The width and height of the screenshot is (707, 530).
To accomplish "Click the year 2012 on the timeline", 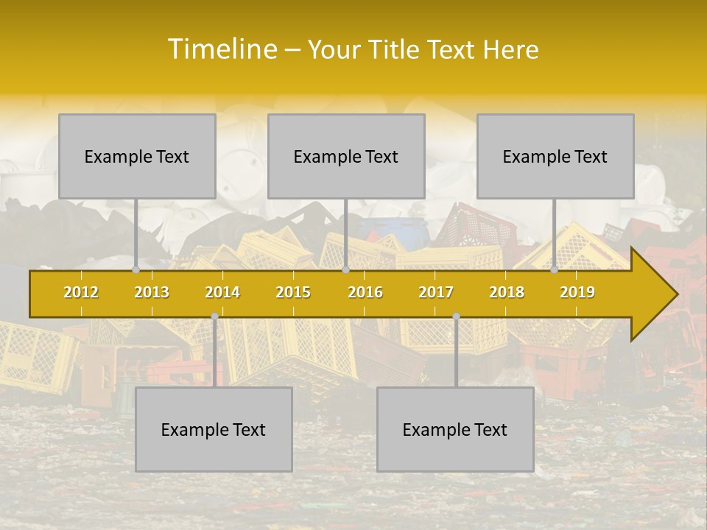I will [81, 293].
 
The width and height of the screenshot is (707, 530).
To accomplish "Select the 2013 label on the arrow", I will [152, 293].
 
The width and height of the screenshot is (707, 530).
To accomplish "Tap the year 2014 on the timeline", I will [222, 293].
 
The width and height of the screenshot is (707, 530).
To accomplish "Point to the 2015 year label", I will [293, 293].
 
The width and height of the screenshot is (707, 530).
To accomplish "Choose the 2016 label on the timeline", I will [365, 293].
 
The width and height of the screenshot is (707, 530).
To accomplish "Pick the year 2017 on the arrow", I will [436, 293].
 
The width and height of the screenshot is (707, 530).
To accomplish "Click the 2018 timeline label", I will [507, 293].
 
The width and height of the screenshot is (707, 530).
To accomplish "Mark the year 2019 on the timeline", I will [577, 293].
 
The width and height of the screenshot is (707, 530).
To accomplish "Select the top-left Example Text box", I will [137, 157].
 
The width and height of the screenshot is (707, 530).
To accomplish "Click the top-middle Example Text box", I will [346, 157].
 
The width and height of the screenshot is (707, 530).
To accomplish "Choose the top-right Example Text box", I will [555, 157].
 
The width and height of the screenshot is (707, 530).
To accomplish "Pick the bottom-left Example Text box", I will [214, 430].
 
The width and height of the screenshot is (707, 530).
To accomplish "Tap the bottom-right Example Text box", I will [455, 430].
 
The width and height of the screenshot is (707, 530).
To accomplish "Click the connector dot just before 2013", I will [136, 270].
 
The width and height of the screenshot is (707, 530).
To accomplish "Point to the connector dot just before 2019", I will [555, 270].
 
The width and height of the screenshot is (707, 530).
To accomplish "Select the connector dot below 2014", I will [214, 317].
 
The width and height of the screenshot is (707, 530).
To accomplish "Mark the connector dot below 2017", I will [456, 317].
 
